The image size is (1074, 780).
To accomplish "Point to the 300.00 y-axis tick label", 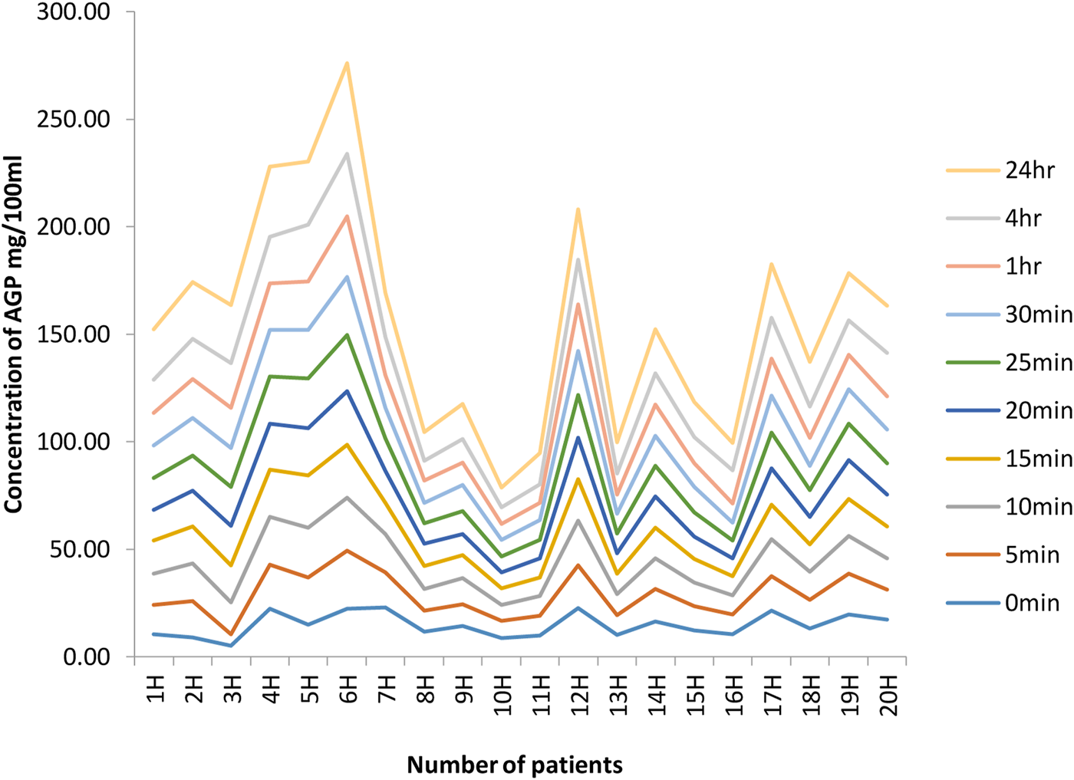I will click(x=74, y=12).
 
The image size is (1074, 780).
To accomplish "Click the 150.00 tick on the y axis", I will click(x=74, y=334).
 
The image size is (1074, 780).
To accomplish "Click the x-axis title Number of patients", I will click(x=515, y=765).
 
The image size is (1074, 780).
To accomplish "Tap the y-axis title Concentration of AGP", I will click(x=14, y=334).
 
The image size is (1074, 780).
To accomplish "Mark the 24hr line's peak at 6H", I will click(x=348, y=63).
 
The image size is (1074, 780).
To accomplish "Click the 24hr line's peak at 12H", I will click(x=578, y=209).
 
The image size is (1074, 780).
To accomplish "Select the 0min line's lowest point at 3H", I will click(x=232, y=646).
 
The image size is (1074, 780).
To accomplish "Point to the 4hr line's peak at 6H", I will click(x=348, y=153).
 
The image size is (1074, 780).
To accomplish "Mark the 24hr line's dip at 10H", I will click(x=502, y=488).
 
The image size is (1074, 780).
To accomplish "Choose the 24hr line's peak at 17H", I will click(x=772, y=264).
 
